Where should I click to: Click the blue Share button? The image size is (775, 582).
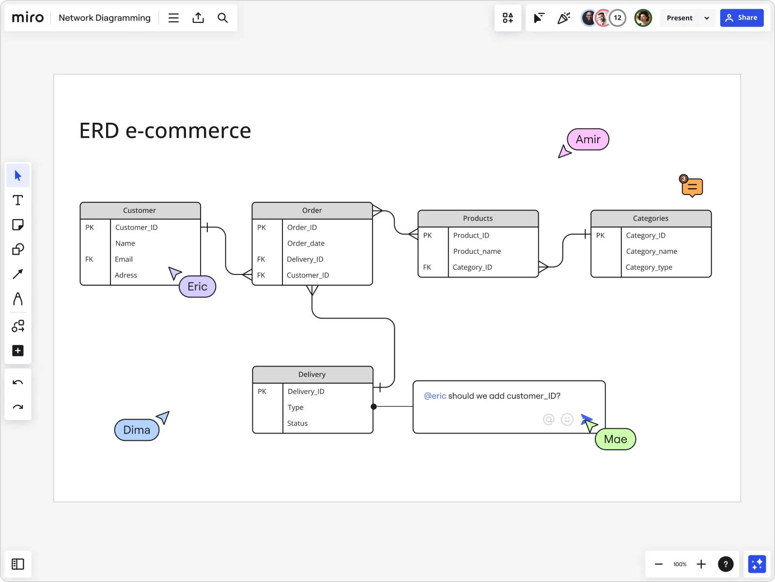pyautogui.click(x=741, y=18)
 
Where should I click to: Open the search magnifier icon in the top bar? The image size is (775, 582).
pyautogui.click(x=222, y=18)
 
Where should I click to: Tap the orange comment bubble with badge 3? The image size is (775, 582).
pyautogui.click(x=692, y=187)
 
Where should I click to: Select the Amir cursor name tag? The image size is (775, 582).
pyautogui.click(x=588, y=140)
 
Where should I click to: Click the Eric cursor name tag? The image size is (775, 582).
pyautogui.click(x=197, y=287)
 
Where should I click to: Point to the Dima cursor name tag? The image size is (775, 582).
pyautogui.click(x=137, y=430)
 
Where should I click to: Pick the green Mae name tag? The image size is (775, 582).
pyautogui.click(x=615, y=439)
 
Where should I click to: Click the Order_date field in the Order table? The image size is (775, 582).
pyautogui.click(x=306, y=243)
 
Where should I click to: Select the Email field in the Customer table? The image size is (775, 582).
pyautogui.click(x=124, y=259)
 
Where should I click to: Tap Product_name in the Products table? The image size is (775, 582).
pyautogui.click(x=477, y=251)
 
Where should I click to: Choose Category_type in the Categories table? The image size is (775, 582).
pyautogui.click(x=649, y=267)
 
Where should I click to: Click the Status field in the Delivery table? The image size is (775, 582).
pyautogui.click(x=297, y=423)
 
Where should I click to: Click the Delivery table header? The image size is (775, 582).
pyautogui.click(x=312, y=374)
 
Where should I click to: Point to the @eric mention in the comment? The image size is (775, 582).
pyautogui.click(x=434, y=396)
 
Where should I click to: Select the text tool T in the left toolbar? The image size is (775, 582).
pyautogui.click(x=18, y=200)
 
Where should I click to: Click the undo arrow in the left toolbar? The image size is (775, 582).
pyautogui.click(x=18, y=383)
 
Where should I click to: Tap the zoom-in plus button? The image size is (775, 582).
pyautogui.click(x=701, y=564)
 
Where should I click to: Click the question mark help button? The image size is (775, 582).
pyautogui.click(x=725, y=564)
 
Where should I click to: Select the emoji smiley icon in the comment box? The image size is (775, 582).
pyautogui.click(x=567, y=419)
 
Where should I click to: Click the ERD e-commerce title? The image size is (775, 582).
pyautogui.click(x=165, y=131)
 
